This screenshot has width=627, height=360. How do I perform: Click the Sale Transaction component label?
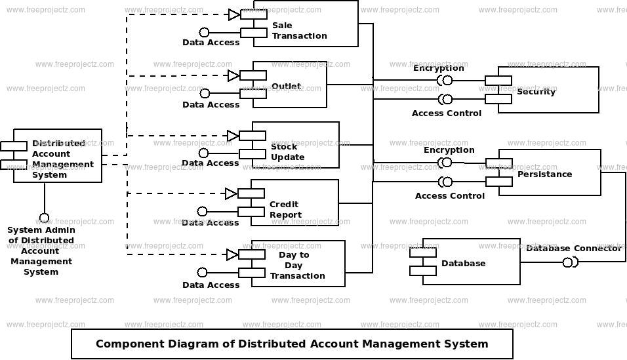coord(300,31)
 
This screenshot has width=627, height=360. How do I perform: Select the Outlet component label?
coord(287,87)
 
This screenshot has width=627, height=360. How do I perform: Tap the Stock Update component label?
coord(287,152)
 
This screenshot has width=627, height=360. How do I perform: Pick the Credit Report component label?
coord(285,210)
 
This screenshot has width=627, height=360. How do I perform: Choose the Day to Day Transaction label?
coord(298,265)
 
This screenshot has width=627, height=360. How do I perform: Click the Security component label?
coord(536,92)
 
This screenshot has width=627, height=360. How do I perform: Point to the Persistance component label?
coord(544,174)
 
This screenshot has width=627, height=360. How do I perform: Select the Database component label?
coord(464,263)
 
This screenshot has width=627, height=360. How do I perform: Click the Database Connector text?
coord(574,249)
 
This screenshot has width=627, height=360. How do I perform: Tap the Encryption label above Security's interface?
coord(439,68)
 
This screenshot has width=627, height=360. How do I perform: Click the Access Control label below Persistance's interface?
coord(450,196)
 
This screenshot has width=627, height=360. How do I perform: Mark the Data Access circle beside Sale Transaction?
coord(205,32)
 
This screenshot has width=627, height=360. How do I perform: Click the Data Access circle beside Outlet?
coord(205,93)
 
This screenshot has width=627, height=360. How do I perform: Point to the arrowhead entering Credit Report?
coord(232,194)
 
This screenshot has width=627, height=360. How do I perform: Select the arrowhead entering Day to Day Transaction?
coord(232,255)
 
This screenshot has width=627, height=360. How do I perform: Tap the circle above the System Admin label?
coord(44,218)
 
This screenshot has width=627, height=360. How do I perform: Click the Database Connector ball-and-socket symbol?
coord(570,262)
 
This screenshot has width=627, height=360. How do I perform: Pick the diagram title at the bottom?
coord(292,344)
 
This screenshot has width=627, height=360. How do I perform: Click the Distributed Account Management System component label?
coord(62,159)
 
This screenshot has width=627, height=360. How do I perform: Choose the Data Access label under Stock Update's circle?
coord(211,163)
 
